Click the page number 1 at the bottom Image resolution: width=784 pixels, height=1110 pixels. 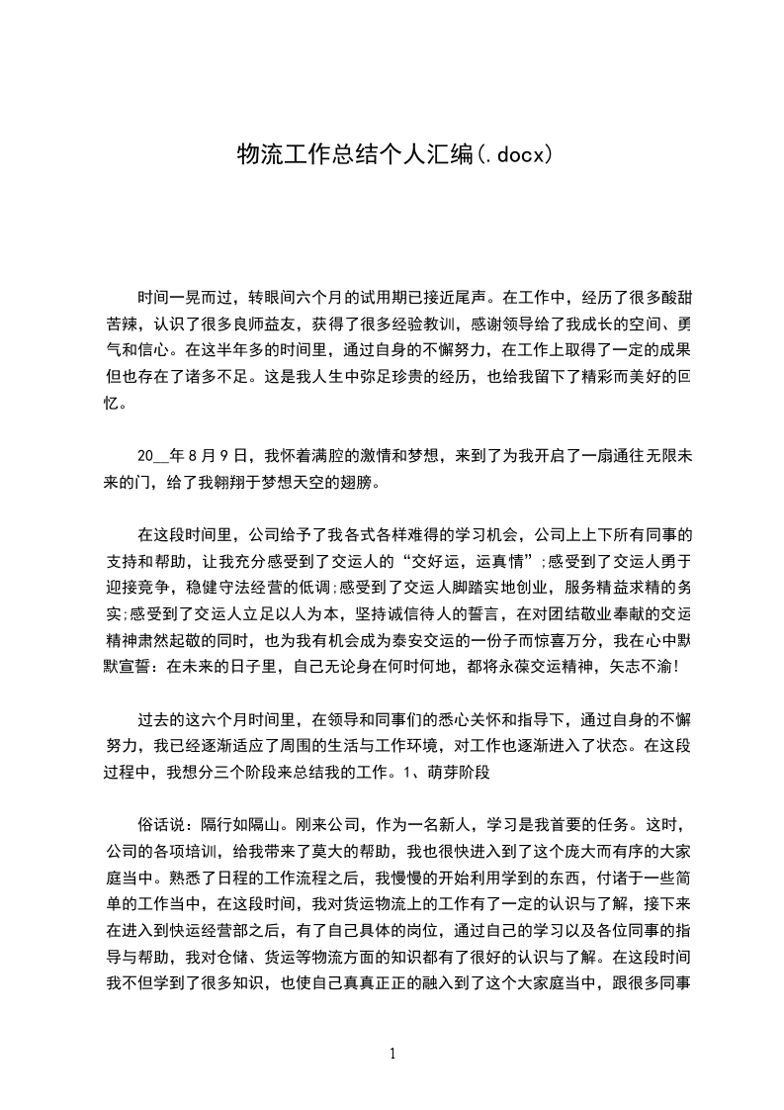click(392, 1054)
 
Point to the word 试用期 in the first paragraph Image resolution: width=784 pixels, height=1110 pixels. click(403, 296)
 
